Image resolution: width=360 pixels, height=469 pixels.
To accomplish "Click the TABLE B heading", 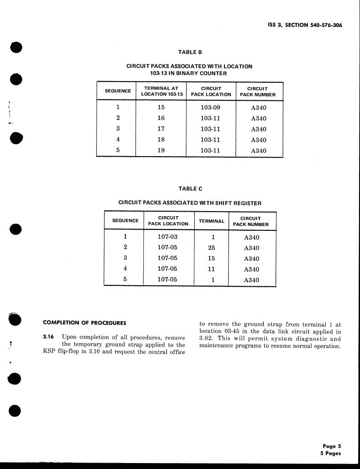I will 190,52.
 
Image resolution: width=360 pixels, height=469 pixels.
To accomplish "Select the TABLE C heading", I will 190,189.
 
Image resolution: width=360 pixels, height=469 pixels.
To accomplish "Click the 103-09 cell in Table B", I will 210,108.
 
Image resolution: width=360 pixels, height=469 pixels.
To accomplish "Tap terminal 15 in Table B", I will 161,108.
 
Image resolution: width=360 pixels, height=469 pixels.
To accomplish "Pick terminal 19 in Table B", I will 161,150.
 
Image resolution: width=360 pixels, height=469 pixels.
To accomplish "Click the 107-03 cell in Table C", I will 167,237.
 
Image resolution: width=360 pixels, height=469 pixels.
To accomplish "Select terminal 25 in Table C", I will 212,248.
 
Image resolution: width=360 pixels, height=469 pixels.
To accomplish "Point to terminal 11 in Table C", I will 212,269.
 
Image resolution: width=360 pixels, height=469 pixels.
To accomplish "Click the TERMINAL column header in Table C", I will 212,221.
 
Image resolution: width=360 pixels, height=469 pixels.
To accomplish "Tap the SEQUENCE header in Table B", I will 118,91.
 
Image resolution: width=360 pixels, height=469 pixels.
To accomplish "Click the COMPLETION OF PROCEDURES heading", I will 84,323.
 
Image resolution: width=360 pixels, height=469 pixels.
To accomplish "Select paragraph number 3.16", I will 48,337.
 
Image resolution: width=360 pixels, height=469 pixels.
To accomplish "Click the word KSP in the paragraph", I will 49,352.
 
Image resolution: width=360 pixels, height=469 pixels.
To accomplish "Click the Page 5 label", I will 332,446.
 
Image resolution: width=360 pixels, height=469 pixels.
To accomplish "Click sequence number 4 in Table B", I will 118,140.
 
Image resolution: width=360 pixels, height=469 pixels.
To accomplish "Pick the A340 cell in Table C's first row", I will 251,237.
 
